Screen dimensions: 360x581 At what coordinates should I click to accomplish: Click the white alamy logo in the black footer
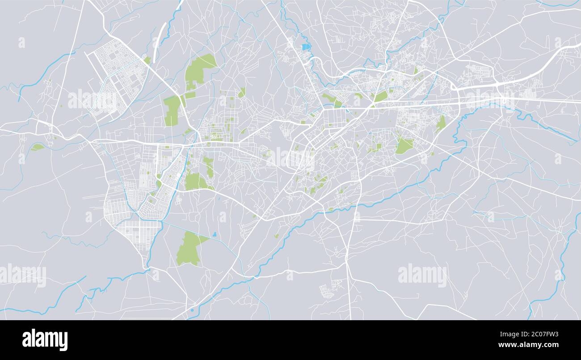[x=45, y=340]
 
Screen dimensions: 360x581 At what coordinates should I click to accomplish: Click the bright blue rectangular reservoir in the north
[x=306, y=47]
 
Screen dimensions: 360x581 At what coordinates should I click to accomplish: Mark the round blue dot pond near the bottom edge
[x=192, y=309]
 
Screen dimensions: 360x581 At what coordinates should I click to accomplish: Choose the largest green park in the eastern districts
[x=404, y=145]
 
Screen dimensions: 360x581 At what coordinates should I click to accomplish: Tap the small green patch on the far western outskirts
[x=38, y=147]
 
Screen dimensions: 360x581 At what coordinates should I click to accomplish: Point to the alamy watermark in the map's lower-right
[x=422, y=275]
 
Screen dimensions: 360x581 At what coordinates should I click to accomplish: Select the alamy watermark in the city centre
[x=290, y=157]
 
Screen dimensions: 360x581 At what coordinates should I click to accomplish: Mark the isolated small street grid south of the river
[x=330, y=288]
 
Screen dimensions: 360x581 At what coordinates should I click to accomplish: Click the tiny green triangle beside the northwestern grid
[x=147, y=60]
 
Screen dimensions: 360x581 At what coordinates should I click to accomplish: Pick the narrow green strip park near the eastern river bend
[x=441, y=123]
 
